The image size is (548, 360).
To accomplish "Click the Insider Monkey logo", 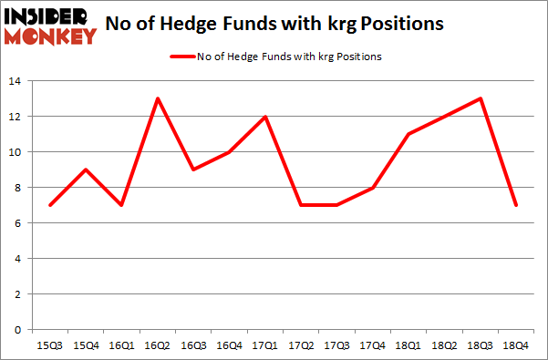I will [x=50, y=26].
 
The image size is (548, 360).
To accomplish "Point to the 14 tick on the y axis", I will [x=18, y=81].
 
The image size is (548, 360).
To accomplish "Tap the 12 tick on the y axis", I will [x=18, y=117].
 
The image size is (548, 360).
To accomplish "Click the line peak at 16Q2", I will [x=158, y=98].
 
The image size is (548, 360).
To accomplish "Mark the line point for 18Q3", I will [x=481, y=98].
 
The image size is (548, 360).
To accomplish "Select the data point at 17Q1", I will [x=265, y=117].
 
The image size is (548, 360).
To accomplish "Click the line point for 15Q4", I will [x=86, y=170].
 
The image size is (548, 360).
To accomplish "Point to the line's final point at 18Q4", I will [x=516, y=205].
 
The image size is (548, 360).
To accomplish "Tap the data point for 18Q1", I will [x=408, y=134].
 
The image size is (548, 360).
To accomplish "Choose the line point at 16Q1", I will [x=121, y=205].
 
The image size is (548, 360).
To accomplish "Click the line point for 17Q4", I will [x=373, y=188].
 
